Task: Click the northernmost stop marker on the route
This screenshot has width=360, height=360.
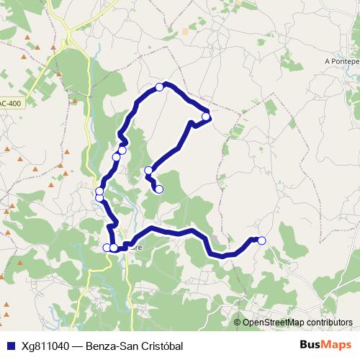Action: (160, 87)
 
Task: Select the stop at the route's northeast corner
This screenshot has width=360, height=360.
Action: (206, 117)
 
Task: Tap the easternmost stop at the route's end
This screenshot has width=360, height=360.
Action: (261, 240)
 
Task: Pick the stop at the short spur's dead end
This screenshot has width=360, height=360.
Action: (159, 189)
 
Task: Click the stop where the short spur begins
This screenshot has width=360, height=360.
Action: (149, 171)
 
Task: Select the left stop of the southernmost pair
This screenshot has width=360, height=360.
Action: (107, 248)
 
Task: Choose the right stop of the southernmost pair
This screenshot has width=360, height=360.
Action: (114, 248)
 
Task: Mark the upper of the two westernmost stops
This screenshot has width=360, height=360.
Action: (99, 191)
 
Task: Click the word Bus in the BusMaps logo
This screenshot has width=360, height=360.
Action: (310, 346)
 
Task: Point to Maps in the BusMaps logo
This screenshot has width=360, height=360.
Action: (336, 346)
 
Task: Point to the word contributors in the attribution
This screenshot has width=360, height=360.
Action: (329, 323)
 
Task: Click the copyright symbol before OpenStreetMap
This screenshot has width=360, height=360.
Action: (238, 323)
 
